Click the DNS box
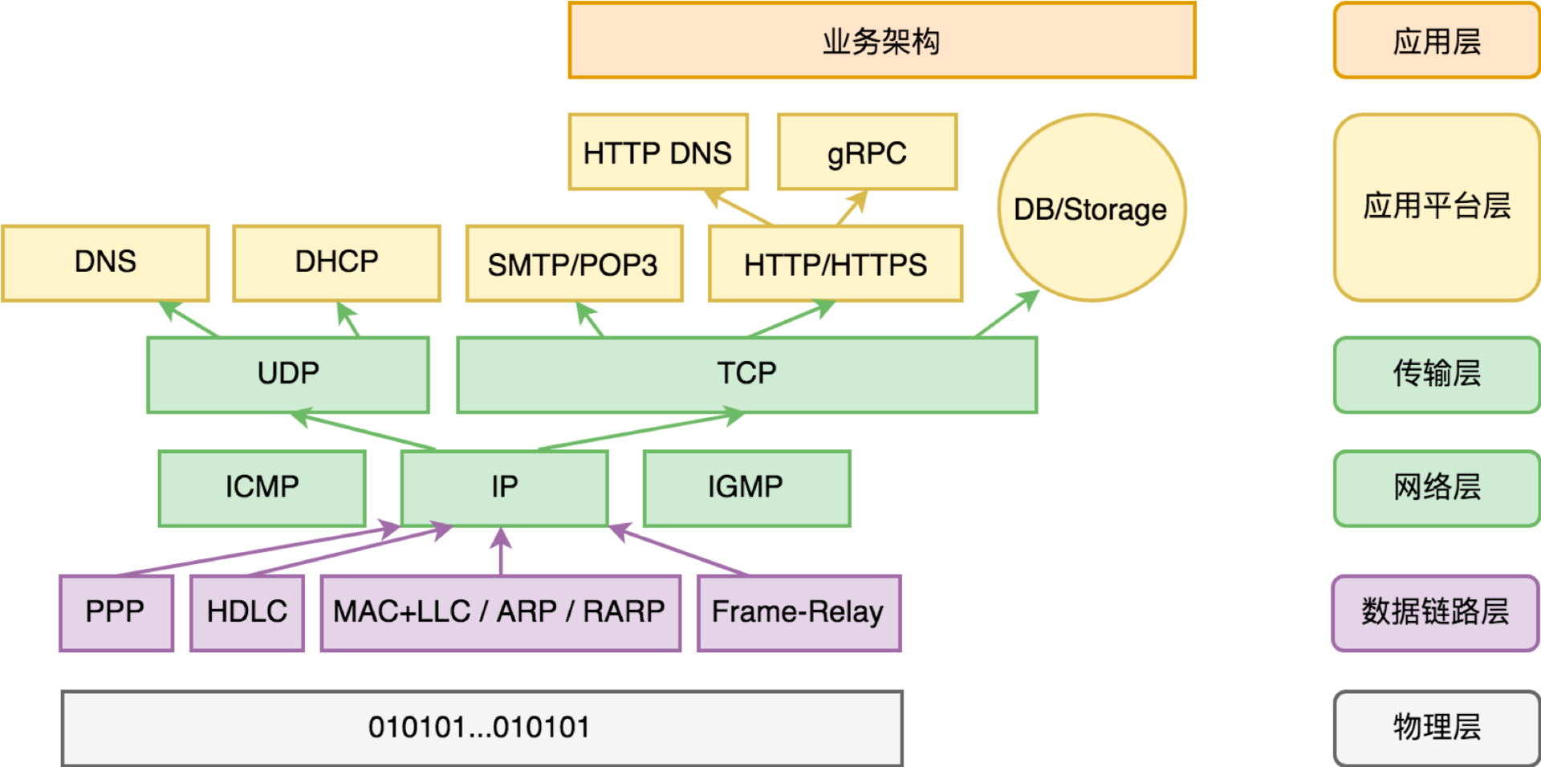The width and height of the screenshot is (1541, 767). coord(105,262)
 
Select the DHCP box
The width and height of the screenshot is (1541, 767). coord(336,262)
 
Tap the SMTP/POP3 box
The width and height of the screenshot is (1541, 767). coord(574,264)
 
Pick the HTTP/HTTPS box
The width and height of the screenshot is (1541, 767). coord(835,264)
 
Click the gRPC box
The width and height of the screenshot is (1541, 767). coord(867,152)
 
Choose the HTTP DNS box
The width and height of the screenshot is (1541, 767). coord(657,152)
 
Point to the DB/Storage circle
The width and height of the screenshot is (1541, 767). coord(1092,208)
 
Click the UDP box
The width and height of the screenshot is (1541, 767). coord(287,374)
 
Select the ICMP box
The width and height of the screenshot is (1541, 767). coord(262,487)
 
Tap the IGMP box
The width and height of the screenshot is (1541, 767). coord(746,487)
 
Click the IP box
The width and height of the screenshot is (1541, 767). coord(504,487)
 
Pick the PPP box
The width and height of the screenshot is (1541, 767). coord(116,612)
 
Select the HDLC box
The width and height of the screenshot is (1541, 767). coord(246,612)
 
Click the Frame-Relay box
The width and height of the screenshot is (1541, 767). coord(799,612)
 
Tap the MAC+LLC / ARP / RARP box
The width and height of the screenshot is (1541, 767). coord(500,612)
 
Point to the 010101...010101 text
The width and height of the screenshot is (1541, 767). coord(479,728)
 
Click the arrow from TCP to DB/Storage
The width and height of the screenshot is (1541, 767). coord(1007,314)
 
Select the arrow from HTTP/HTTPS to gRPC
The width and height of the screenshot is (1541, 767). coord(852,208)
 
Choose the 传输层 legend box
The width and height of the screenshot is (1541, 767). coord(1436,374)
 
